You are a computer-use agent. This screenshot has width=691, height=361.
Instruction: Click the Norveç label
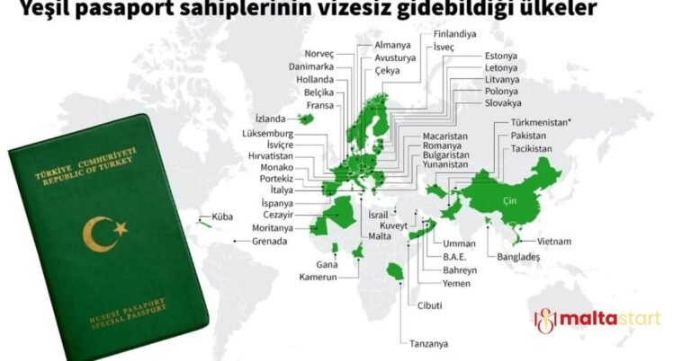pyautogui.click(x=319, y=53)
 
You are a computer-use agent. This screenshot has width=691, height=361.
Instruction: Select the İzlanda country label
pyautogui.click(x=270, y=119)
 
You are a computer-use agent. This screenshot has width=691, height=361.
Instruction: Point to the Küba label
pyautogui.click(x=220, y=216)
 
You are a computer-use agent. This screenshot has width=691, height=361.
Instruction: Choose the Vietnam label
pyautogui.click(x=553, y=242)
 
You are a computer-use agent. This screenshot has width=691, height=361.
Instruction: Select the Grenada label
pyautogui.click(x=270, y=242)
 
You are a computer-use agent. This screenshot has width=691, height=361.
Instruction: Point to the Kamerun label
pyautogui.click(x=318, y=277)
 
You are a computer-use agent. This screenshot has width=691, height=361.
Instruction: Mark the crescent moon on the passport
pyautogui.click(x=94, y=234)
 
